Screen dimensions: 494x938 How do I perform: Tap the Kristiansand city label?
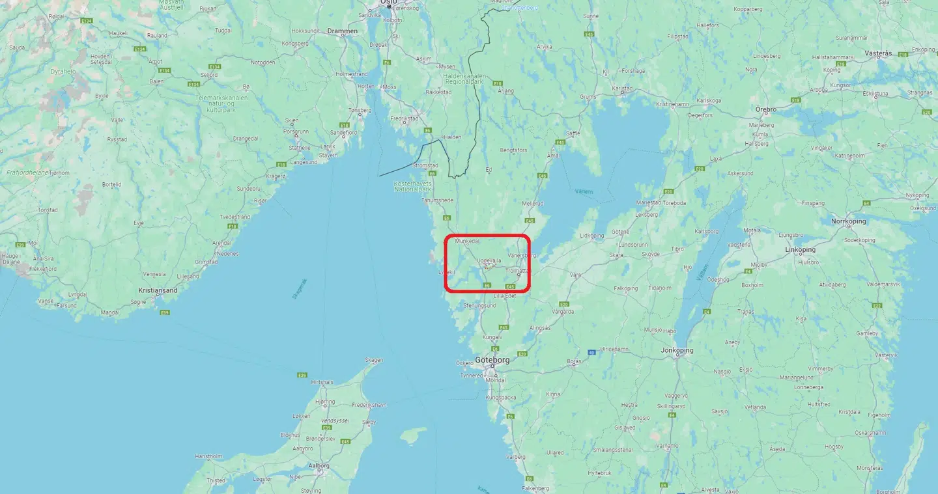[x=158, y=290]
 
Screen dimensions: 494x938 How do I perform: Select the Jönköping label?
[x=676, y=350]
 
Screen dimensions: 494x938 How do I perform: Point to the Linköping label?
[x=801, y=249]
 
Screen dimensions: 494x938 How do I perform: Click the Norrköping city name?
[x=849, y=221]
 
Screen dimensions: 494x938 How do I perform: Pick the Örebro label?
[x=765, y=109]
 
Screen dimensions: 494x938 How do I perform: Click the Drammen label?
[x=342, y=31]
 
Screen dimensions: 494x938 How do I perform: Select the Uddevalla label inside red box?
[x=489, y=260]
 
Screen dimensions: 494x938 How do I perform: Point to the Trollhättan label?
[x=519, y=269]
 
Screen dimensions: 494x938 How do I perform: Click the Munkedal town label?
[x=467, y=241]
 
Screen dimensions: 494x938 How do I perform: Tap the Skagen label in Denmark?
[x=374, y=360]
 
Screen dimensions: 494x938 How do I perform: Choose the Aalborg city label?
[x=319, y=465]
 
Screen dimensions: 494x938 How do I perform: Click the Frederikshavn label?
[x=369, y=405]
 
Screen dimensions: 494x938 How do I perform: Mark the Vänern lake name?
[x=584, y=192]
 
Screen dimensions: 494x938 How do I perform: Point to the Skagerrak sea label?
[x=300, y=288]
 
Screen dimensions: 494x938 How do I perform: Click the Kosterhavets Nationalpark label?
[x=413, y=186]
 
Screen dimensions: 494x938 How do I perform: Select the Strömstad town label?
[x=425, y=166]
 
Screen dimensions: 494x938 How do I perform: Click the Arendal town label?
[x=222, y=243]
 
